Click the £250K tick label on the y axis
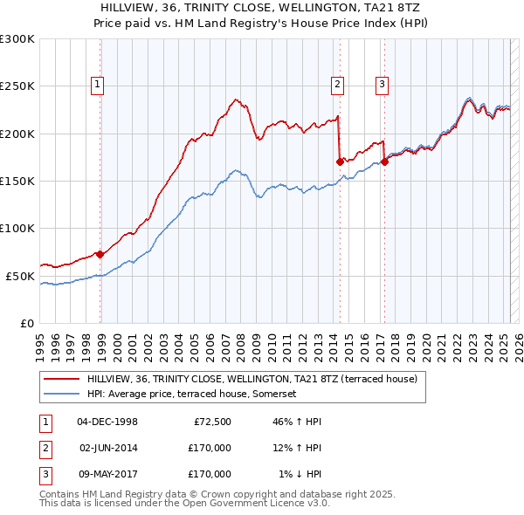pos(17,86)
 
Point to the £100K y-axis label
pos(17,228)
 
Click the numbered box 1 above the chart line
pos(96,85)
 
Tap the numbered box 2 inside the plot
pos(337,85)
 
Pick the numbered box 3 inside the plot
pos(383,85)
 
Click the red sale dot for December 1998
pos(100,255)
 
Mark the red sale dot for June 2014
pos(341,161)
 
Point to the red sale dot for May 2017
pos(385,161)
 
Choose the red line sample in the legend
pos(61,380)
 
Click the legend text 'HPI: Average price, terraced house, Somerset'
pos(192,394)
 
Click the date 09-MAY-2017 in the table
pos(108,474)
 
